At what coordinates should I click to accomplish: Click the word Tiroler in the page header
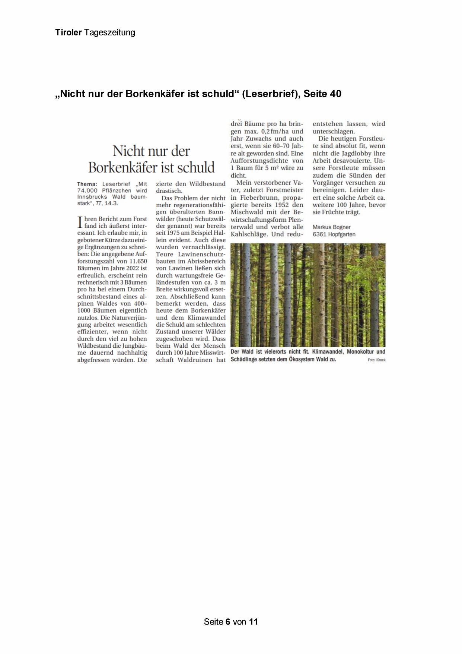click(68, 32)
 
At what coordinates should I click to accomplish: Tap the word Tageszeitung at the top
click(109, 33)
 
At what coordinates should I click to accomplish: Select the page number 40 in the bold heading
click(335, 94)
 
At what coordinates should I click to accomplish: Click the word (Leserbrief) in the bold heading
click(271, 94)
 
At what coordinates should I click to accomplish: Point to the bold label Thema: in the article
click(87, 184)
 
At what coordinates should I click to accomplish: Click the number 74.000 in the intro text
click(87, 190)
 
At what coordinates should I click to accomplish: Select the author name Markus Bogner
click(331, 227)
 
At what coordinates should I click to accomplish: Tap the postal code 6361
click(319, 234)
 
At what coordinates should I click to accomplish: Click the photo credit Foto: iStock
click(376, 360)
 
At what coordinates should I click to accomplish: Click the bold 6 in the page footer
click(228, 622)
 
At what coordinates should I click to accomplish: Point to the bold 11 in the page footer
click(254, 622)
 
